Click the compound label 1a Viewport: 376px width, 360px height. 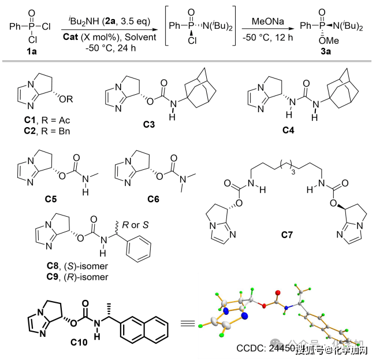point(25,51)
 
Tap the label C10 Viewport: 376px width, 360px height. point(79,342)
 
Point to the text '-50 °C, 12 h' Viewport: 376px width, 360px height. point(267,36)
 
